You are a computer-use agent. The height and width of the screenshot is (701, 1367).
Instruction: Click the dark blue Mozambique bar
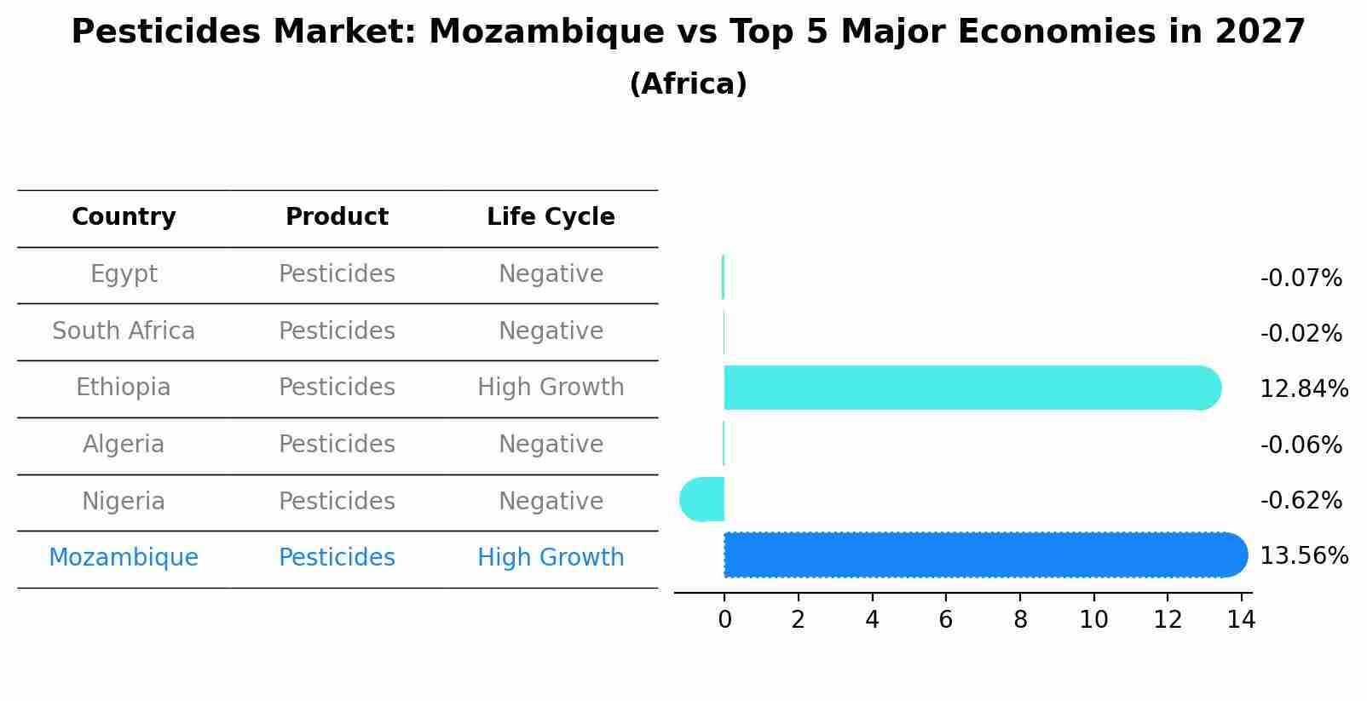point(984,555)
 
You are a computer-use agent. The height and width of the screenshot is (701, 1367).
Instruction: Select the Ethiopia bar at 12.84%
point(972,388)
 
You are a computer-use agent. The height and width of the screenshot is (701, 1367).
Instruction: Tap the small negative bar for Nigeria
point(703,499)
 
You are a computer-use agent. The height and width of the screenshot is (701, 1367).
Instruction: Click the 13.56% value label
point(1304,556)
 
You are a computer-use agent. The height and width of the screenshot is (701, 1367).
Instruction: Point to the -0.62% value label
point(1301,500)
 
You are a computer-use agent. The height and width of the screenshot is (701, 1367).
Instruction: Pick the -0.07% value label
point(1301,279)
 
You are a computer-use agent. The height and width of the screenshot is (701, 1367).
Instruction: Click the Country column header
point(124,217)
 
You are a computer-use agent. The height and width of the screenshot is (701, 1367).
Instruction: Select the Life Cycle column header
point(551,217)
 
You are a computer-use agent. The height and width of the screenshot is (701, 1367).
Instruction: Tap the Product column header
point(337,217)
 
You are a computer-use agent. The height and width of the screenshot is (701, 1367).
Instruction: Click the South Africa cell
point(124,330)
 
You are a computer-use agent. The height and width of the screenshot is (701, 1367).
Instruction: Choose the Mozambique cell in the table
point(124,558)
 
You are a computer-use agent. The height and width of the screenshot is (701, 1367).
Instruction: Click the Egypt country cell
point(124,274)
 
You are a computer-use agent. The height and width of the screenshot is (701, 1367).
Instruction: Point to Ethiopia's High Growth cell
point(551,388)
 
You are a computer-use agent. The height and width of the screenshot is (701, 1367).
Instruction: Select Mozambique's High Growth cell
point(551,558)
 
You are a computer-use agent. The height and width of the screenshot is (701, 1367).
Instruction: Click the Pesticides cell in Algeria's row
point(337,445)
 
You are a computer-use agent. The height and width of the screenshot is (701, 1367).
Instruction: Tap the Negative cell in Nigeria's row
point(551,501)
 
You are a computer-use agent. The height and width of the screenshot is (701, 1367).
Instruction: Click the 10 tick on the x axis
point(1093,620)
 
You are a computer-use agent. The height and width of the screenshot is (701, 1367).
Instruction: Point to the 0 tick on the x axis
point(724,620)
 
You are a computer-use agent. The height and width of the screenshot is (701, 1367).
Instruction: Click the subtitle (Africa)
point(688,84)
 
